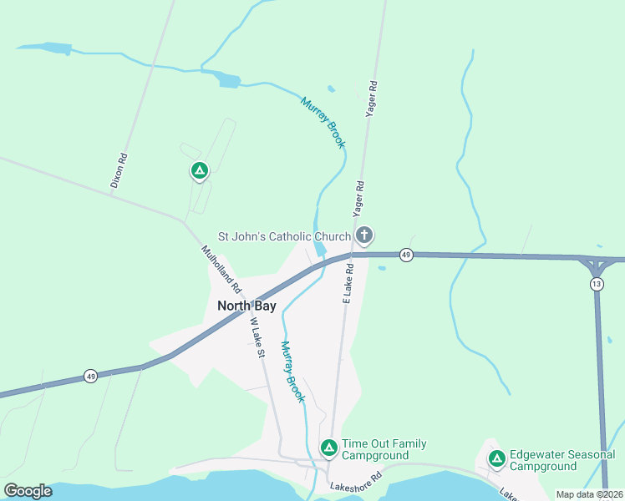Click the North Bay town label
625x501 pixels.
point(246,306)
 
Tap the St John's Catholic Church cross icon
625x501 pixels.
point(363,235)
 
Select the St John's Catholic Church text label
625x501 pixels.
point(284,237)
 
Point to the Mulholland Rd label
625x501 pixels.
point(221,268)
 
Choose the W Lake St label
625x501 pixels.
point(257,337)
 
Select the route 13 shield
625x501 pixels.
point(597,285)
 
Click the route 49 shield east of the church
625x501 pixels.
point(405,255)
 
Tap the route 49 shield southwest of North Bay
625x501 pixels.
point(90,377)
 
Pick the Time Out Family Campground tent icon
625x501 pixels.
point(329,448)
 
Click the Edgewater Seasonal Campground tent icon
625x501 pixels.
point(496,458)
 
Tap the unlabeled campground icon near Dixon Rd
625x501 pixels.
point(199,171)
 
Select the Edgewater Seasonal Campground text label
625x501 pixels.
point(561,460)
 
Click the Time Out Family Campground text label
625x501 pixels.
point(384,449)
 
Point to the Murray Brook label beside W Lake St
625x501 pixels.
point(292,372)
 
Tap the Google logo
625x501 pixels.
point(28,491)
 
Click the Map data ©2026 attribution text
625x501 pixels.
point(589,494)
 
